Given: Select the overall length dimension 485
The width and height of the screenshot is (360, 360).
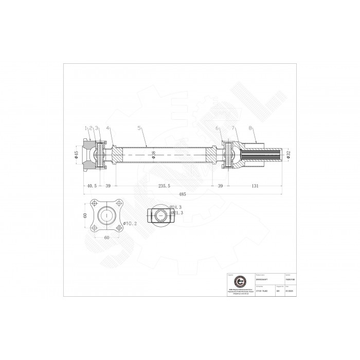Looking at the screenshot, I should tap(183, 194).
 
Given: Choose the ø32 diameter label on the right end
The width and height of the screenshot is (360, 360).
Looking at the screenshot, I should tap(289, 154).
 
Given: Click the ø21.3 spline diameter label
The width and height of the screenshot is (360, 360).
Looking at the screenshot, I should tap(176, 212).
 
